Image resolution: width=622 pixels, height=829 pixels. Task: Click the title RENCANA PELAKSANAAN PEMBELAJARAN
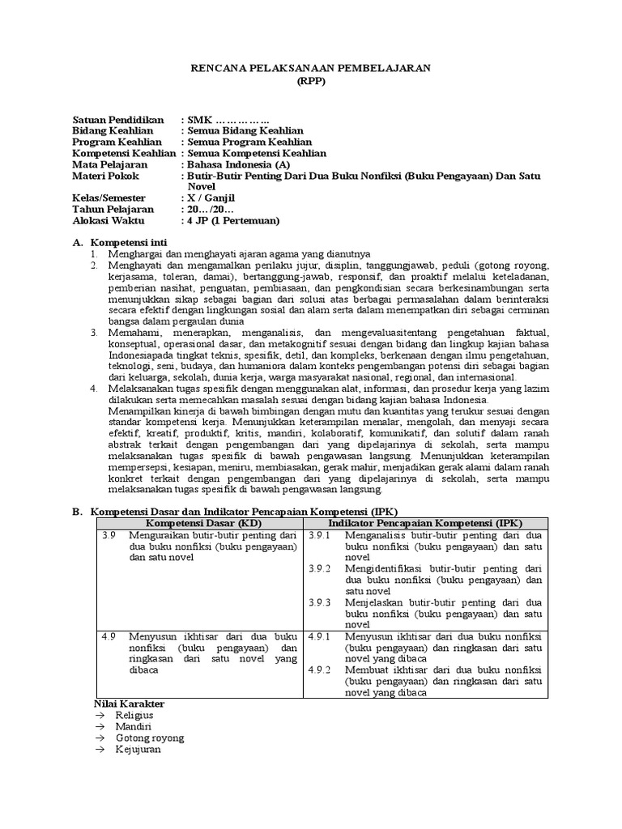tap(311, 69)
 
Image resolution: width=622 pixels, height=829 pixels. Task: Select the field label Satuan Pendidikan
tap(118, 119)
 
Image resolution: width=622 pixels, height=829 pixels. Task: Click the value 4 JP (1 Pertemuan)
tap(233, 220)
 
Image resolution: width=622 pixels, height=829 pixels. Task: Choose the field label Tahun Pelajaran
tap(113, 209)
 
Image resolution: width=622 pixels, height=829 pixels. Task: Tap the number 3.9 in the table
tap(110, 536)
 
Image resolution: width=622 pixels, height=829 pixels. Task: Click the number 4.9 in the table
tap(110, 636)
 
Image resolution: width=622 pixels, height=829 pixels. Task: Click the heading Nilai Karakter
tap(130, 704)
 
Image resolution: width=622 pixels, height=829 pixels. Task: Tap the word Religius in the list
tap(134, 716)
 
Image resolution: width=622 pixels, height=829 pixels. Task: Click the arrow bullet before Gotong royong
tap(100, 738)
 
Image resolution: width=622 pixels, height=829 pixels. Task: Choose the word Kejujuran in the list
tap(138, 750)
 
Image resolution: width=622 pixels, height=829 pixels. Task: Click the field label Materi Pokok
tap(106, 176)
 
